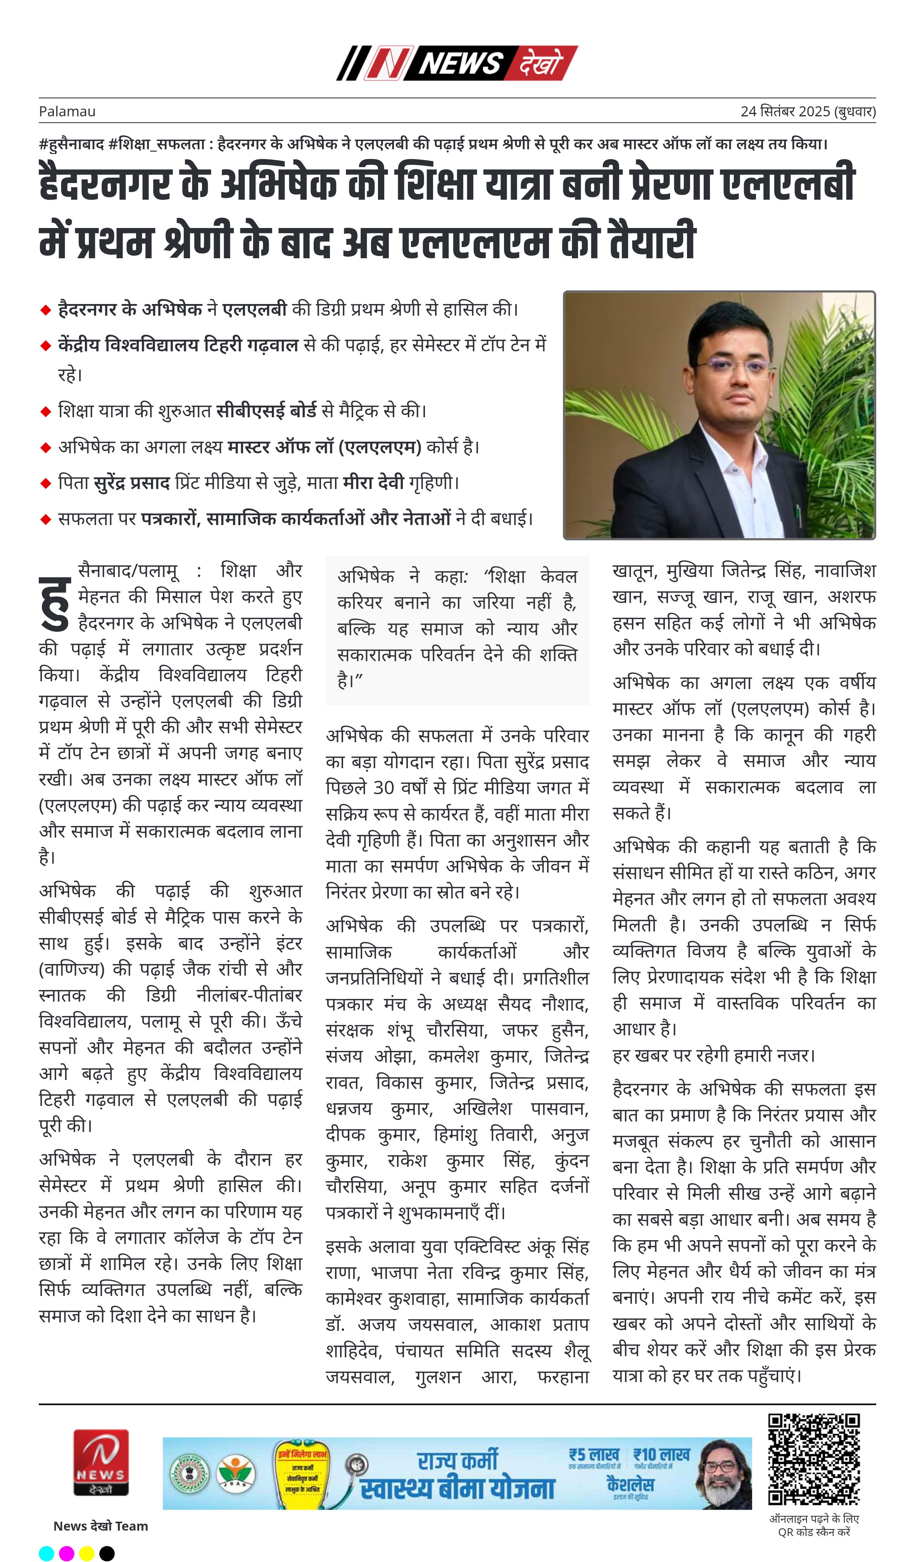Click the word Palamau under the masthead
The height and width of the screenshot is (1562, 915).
(x=67, y=112)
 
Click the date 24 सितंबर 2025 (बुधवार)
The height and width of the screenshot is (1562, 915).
(x=808, y=112)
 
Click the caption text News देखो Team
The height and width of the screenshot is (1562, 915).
(x=100, y=1526)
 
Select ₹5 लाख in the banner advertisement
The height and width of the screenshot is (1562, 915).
(x=594, y=1454)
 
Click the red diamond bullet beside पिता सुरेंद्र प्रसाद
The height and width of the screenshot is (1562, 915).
(x=45, y=483)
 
